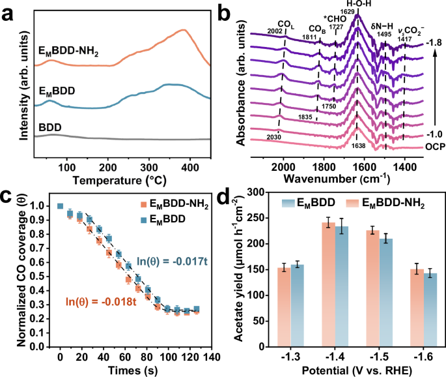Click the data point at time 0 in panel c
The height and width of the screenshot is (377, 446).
[60, 206]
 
